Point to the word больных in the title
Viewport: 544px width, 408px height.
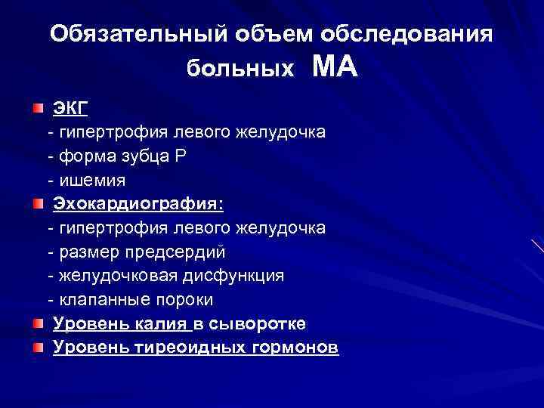click(240, 69)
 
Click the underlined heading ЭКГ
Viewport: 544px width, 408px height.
click(70, 109)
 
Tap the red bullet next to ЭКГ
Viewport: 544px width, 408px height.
click(37, 108)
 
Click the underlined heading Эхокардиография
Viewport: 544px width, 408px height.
click(138, 205)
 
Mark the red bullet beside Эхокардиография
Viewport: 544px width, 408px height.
click(37, 204)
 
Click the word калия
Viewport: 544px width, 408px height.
click(161, 324)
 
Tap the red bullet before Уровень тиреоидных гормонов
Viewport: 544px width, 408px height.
click(37, 348)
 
